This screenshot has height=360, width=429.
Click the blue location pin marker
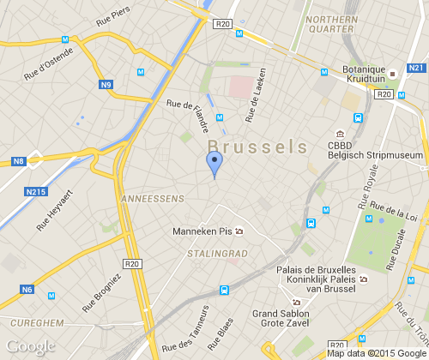pos(214,163)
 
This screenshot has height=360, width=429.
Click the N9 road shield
pos(106,84)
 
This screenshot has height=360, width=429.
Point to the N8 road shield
pos(19,161)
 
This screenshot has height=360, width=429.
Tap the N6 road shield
pos(27,290)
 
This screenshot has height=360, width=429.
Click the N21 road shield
pos(416,68)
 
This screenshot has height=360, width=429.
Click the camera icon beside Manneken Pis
pos(239,231)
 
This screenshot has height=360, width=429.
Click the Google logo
pos(30,346)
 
